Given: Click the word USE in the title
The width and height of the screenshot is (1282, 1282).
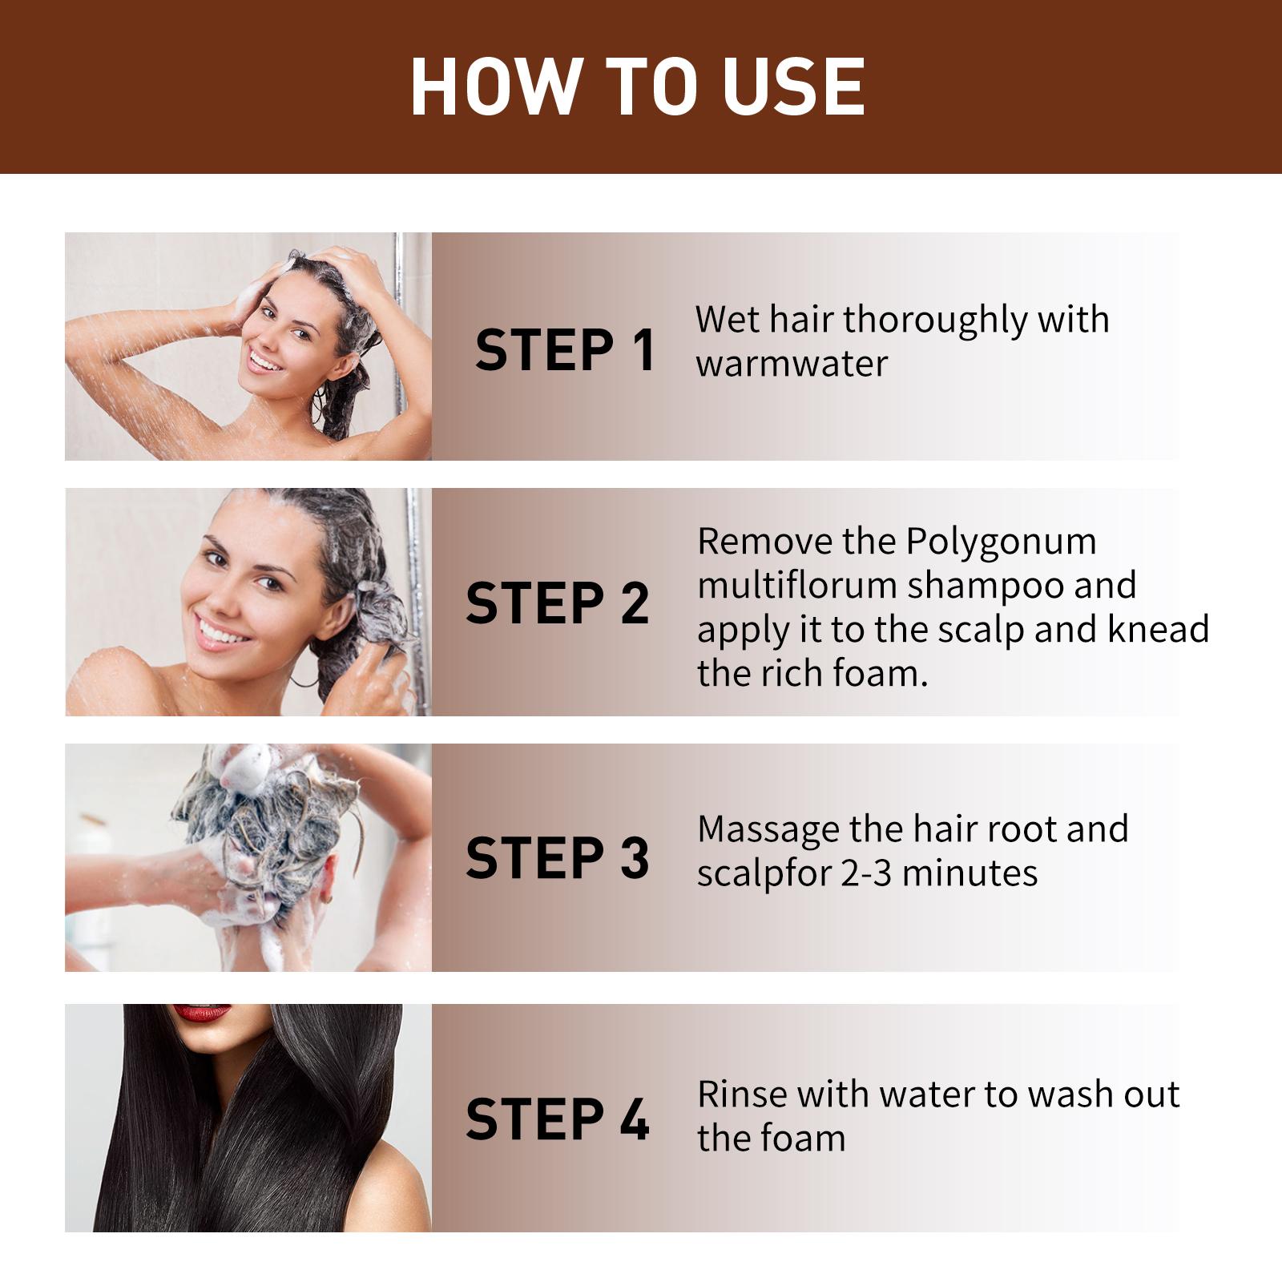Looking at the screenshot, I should pos(792,87).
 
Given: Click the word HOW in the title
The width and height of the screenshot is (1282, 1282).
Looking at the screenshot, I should pos(495,87).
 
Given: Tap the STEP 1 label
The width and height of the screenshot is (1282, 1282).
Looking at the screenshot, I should pos(565,350).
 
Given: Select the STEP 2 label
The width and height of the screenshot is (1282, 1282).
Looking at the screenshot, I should pos(557,603).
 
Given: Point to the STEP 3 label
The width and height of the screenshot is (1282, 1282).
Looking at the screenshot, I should pos(557,857).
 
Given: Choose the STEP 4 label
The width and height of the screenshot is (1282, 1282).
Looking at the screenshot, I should pos(557,1119).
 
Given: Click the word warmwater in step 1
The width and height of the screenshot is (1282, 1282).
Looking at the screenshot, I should pos(792,364).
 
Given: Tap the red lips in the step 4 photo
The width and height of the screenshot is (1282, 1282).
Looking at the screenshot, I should pos(202,1013).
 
